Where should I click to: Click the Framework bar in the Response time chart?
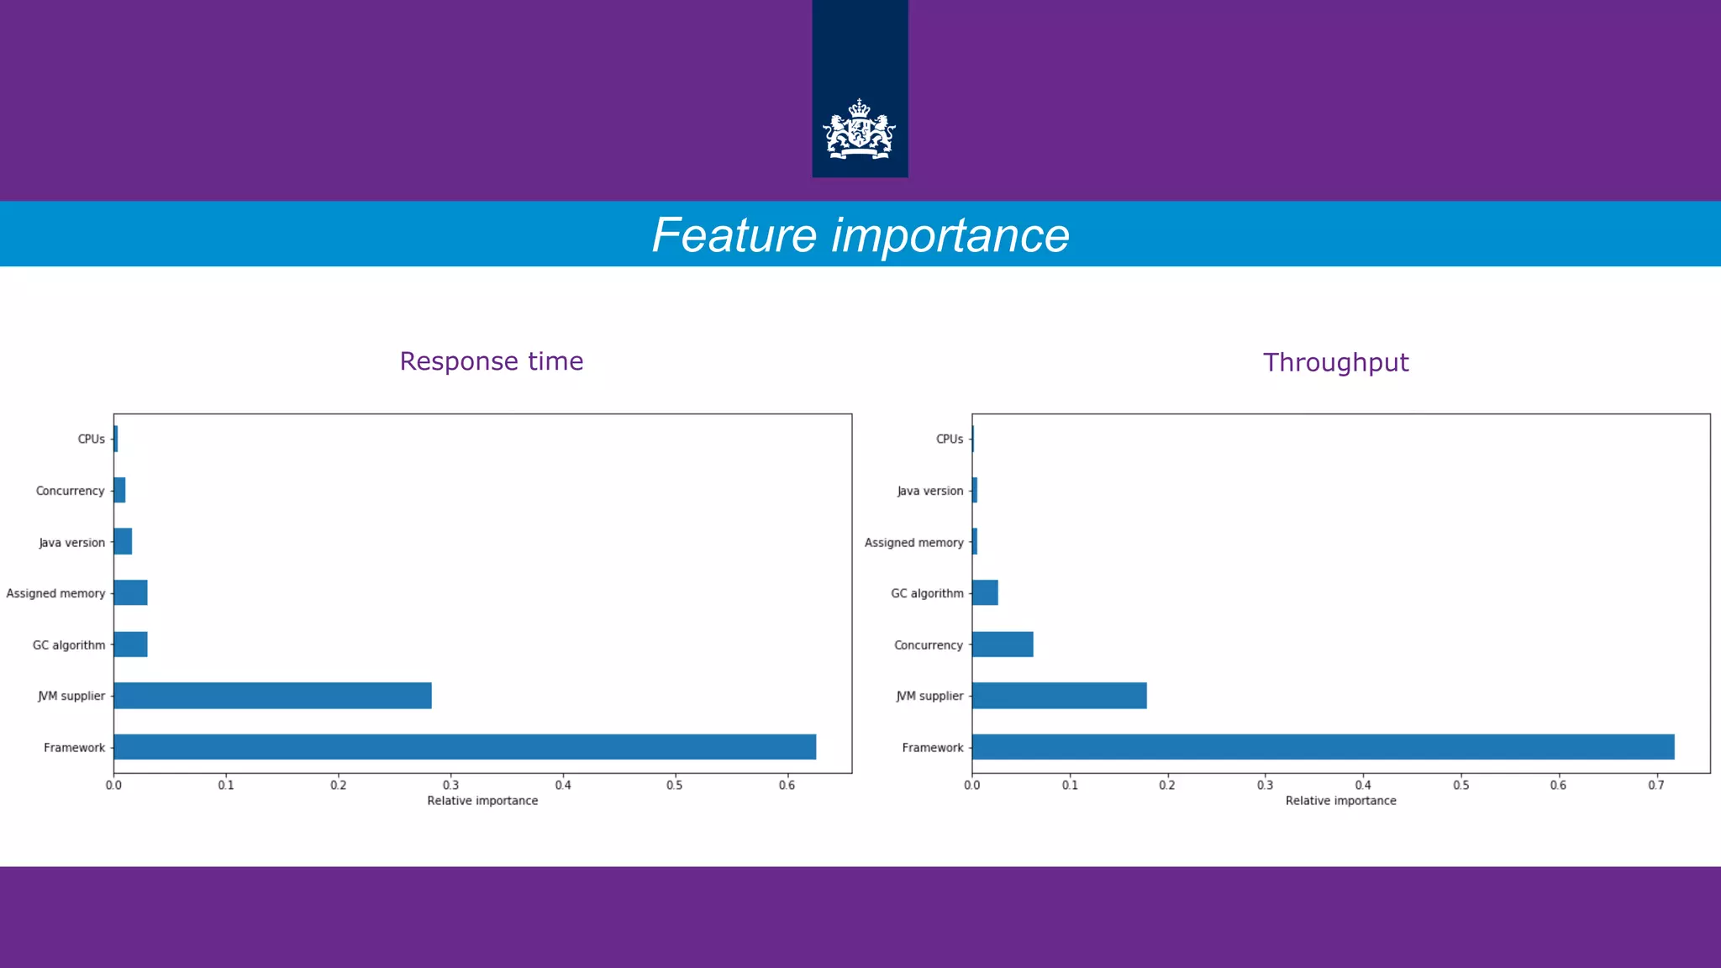(x=465, y=747)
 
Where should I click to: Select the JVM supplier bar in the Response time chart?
(x=272, y=696)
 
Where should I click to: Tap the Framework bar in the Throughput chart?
(x=1323, y=747)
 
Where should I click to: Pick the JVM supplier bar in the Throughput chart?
(x=1059, y=696)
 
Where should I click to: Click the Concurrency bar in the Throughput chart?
(x=1003, y=644)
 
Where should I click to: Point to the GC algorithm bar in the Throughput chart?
(x=985, y=593)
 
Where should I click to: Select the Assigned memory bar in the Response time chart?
(x=130, y=593)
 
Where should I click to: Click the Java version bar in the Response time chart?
(x=123, y=542)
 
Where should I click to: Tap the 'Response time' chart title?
(x=492, y=361)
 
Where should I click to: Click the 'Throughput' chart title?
(x=1335, y=362)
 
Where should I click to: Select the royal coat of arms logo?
(x=859, y=129)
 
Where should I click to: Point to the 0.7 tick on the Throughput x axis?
(x=1655, y=785)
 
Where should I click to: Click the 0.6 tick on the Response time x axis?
(x=787, y=785)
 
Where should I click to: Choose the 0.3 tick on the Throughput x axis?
(x=1265, y=785)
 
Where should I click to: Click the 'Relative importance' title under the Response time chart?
(x=482, y=801)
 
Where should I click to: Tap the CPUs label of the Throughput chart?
(x=950, y=439)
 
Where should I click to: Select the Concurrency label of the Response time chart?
(x=70, y=491)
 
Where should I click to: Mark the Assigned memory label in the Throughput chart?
(x=913, y=543)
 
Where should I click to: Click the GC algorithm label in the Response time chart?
(x=69, y=645)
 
